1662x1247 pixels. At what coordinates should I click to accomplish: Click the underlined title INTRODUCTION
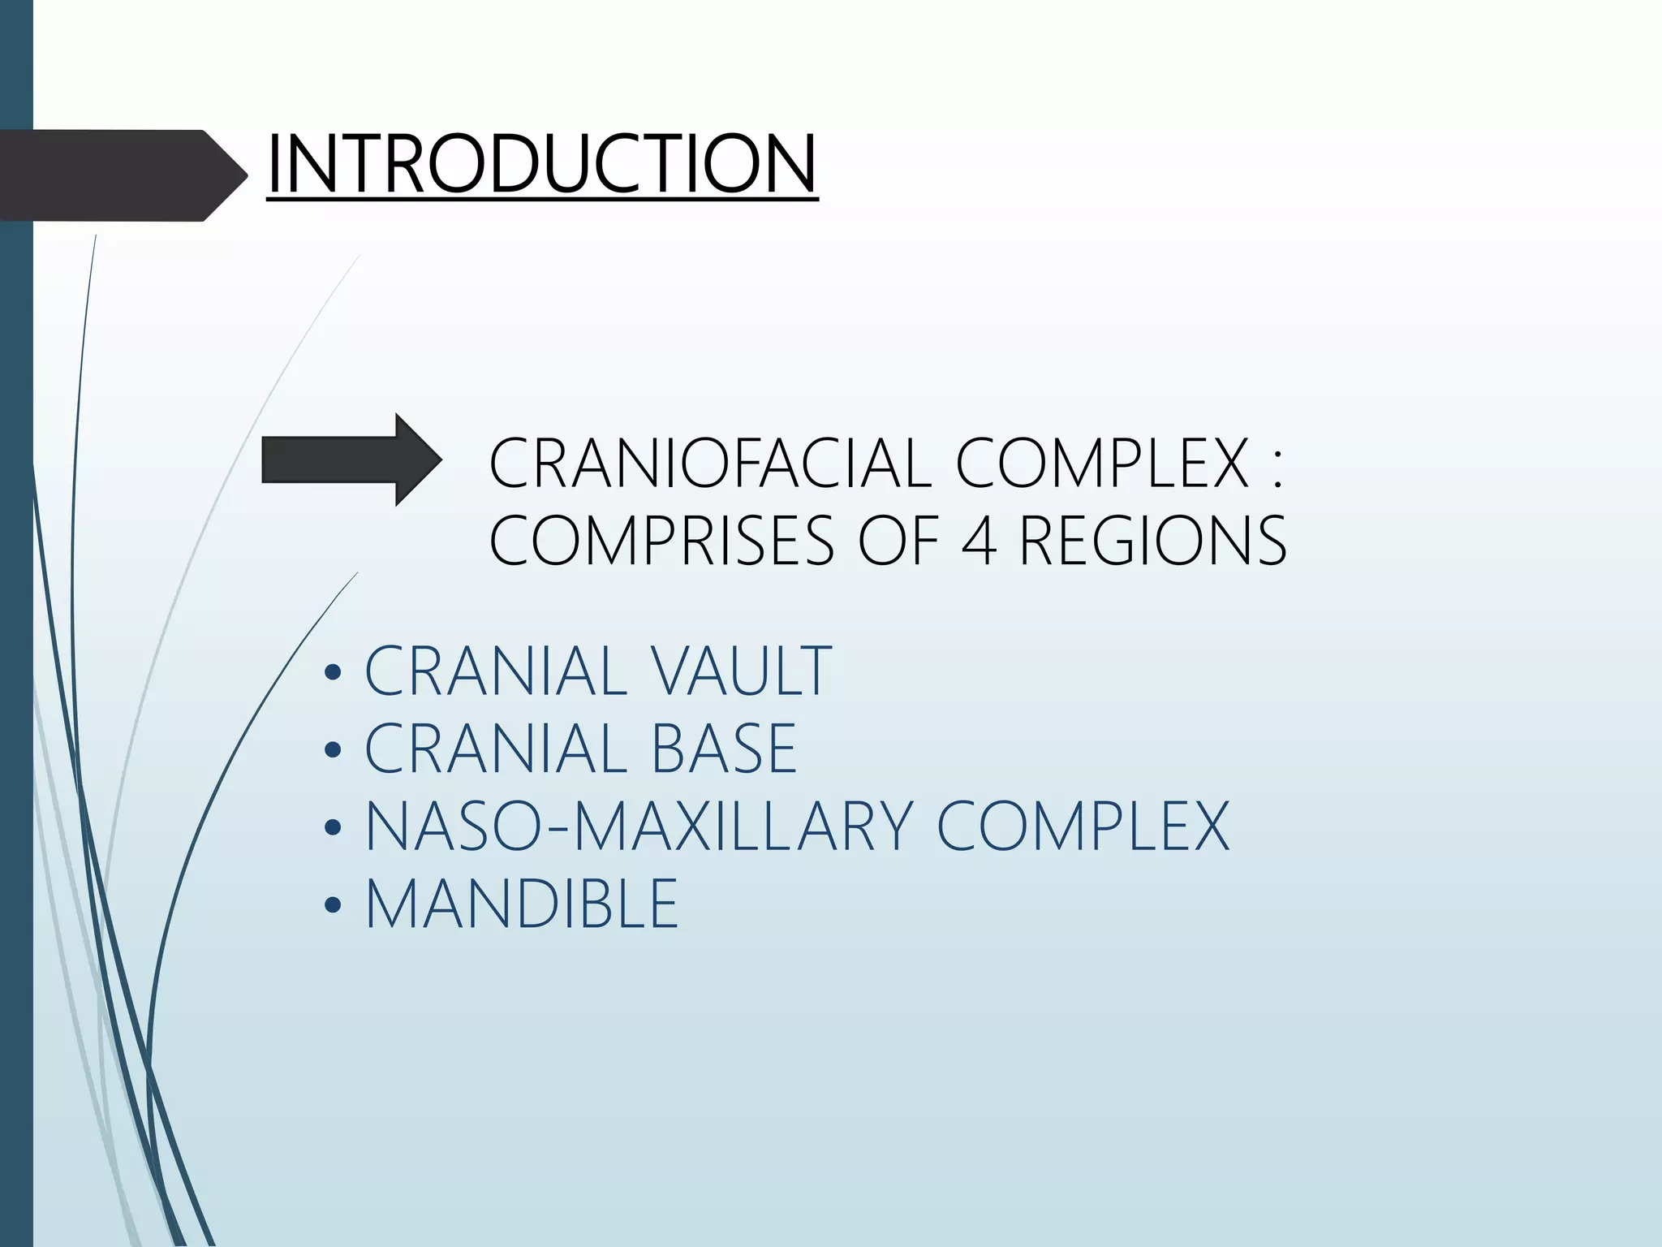(x=541, y=164)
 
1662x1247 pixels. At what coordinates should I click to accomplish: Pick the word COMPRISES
(x=661, y=541)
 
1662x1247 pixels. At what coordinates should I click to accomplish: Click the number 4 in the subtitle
(x=979, y=541)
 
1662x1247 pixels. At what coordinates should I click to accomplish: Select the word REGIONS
(x=1152, y=541)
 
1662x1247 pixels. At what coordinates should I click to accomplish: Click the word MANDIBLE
(x=522, y=904)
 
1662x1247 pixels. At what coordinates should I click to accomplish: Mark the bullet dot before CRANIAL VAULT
(x=333, y=673)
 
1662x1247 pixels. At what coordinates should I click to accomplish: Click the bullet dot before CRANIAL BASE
(x=333, y=750)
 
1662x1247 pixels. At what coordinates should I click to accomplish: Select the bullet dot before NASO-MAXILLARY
(x=333, y=828)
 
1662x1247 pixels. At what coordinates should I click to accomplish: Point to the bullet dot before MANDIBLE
(x=333, y=905)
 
